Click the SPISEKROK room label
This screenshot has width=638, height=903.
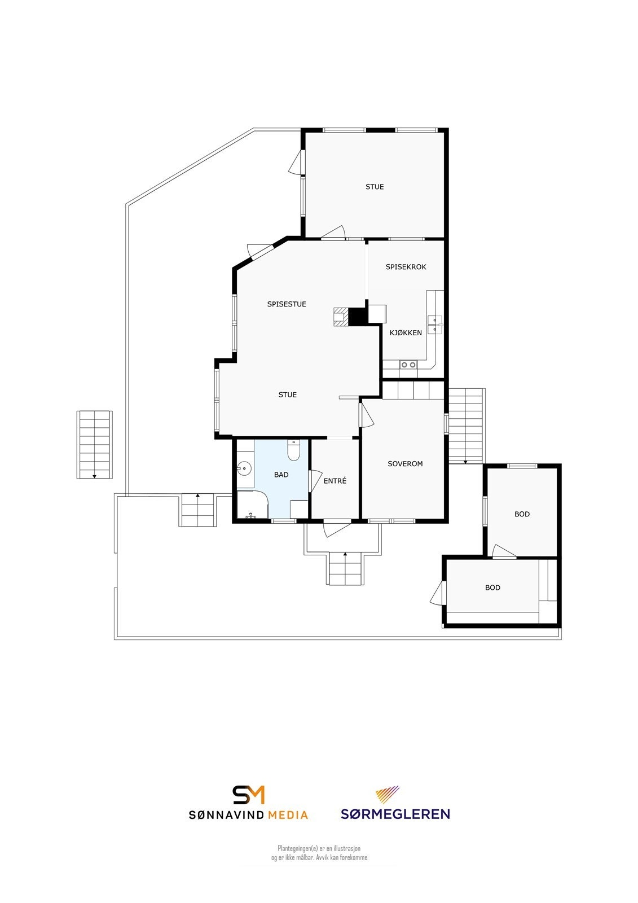pos(406,267)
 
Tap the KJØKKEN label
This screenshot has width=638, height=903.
pos(406,333)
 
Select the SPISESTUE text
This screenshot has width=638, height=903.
pos(287,304)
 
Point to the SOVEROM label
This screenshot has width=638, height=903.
pos(405,464)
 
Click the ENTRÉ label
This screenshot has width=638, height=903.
pos(335,481)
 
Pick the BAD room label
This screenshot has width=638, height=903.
pos(281,475)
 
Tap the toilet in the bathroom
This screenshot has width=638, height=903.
pos(293,450)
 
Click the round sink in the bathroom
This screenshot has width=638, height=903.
pos(244,468)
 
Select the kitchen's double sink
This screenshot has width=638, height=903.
pos(434,325)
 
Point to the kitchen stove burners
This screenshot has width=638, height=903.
pos(408,365)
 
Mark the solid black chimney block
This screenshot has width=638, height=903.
pos(357,317)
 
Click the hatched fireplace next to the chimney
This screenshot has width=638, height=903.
pos(341,317)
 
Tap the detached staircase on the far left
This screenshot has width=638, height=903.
pos(94,444)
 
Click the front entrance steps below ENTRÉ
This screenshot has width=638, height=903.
pos(345,568)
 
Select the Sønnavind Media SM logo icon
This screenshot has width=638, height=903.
pos(249,795)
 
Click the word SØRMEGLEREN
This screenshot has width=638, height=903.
pos(395,814)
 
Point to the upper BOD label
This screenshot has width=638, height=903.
pos(522,514)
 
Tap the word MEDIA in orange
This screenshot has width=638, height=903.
pos(288,815)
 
